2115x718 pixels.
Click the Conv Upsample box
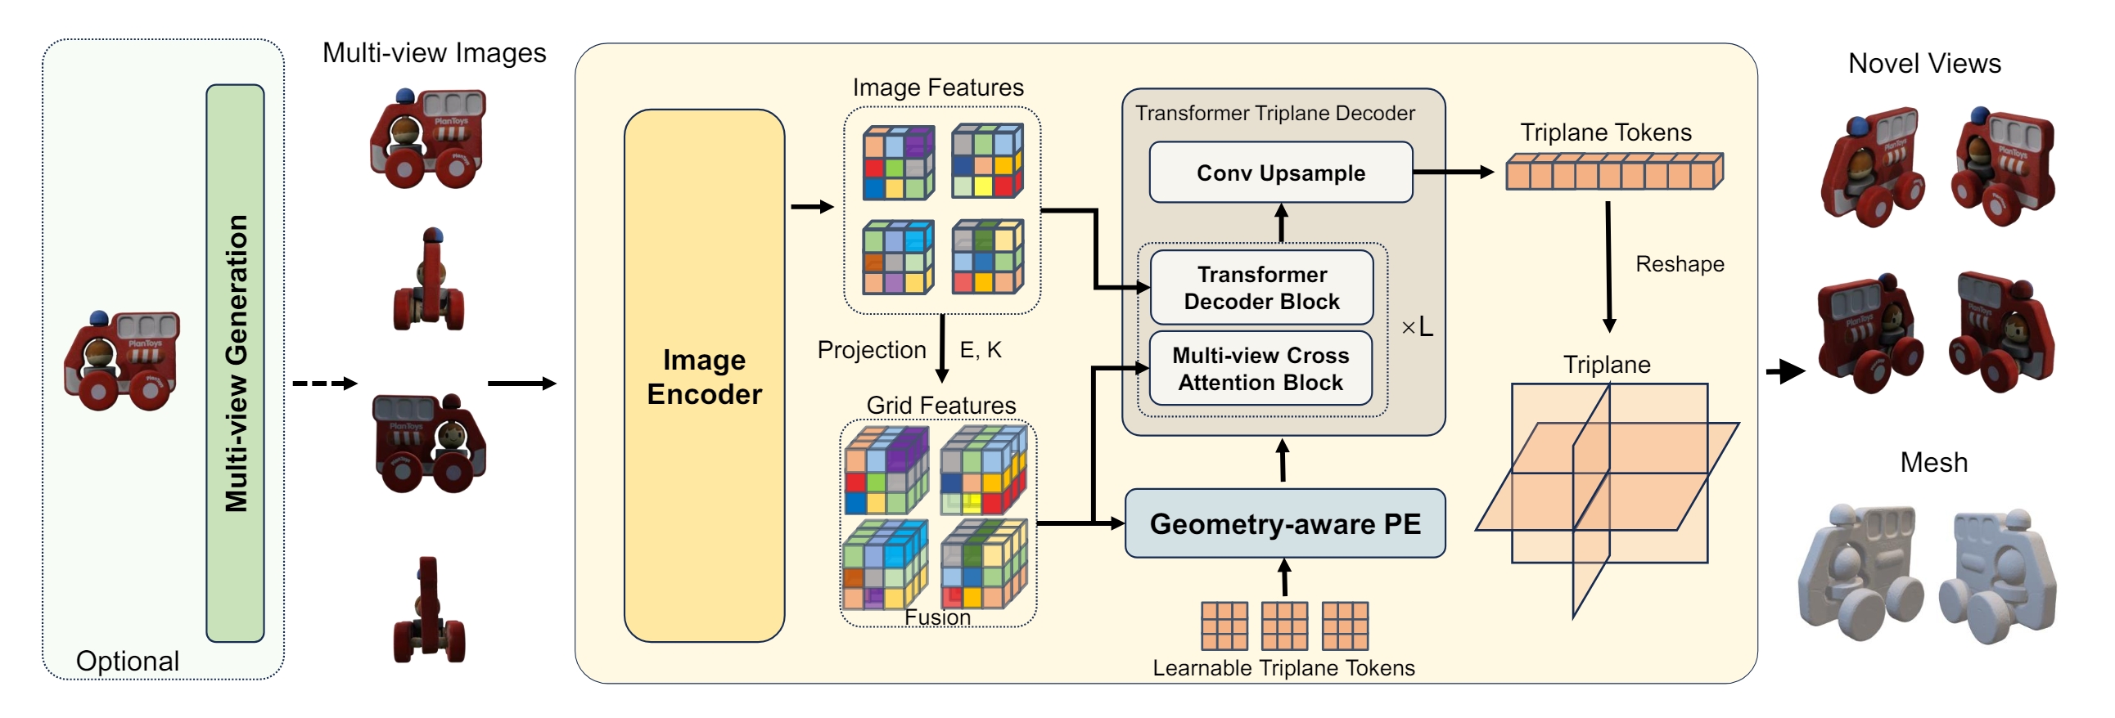tap(1280, 173)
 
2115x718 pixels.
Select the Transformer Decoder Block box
tap(1261, 288)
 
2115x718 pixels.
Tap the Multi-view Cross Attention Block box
tap(1260, 369)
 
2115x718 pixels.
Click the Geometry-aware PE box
tap(1284, 523)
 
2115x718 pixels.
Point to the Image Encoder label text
tap(704, 377)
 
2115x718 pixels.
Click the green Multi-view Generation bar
tap(235, 363)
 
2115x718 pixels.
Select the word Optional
tap(127, 661)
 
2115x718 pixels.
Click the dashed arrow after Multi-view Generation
tap(324, 384)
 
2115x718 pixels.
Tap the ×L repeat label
tap(1416, 327)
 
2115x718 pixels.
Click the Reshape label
tap(1679, 264)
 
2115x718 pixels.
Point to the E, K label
tap(981, 350)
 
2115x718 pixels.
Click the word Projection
tap(871, 350)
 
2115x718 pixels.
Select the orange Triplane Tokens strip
tap(1613, 173)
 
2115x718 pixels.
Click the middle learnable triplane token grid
tap(1284, 626)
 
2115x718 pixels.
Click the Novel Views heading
tap(1923, 63)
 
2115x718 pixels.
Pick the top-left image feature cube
tap(898, 163)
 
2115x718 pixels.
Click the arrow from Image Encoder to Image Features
tap(812, 207)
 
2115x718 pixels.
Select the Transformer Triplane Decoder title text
tap(1274, 113)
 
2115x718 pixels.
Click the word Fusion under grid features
tap(937, 618)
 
